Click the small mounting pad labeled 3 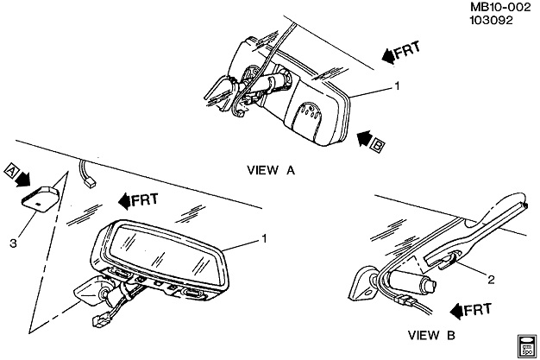point(41,199)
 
